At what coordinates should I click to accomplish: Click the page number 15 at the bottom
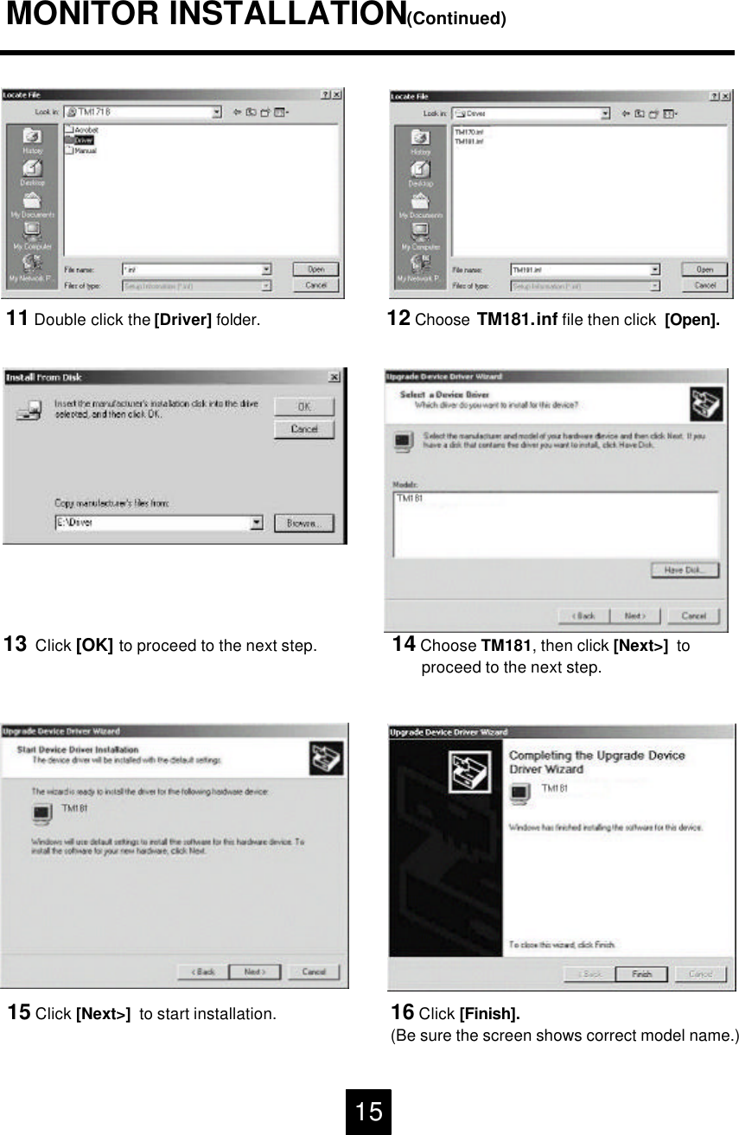coord(369,1112)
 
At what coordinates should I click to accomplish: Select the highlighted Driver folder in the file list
coord(83,139)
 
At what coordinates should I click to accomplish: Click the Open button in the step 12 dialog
coord(704,270)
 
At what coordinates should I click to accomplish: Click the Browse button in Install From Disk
coord(304,523)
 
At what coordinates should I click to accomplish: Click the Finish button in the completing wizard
coord(641,973)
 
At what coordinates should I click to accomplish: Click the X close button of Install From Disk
coord(334,378)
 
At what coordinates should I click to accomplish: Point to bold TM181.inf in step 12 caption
coord(517,321)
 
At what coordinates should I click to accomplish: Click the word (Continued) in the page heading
coord(456,18)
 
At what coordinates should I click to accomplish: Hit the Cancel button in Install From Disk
coord(304,430)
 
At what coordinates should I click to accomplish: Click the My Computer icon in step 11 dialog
coord(32,235)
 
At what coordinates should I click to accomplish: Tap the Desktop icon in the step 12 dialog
coord(420,173)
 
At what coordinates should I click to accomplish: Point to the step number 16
coord(403,1012)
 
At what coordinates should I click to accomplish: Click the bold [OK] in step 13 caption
coord(95,646)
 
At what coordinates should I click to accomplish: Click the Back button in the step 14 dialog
coord(585,615)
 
